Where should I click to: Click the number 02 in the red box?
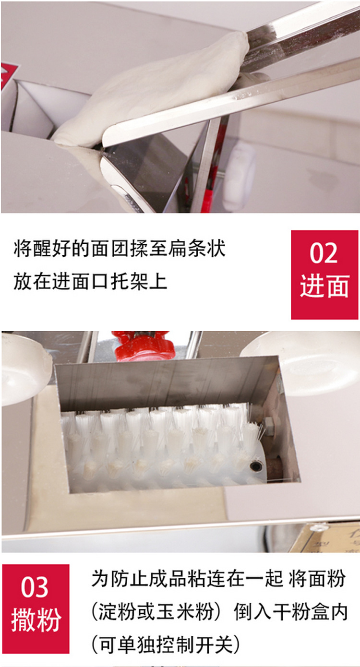(324, 253)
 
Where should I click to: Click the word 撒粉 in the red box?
(36, 620)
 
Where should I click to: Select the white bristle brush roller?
(158, 441)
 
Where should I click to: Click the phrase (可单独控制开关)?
(165, 645)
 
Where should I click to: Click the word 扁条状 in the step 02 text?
(201, 250)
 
